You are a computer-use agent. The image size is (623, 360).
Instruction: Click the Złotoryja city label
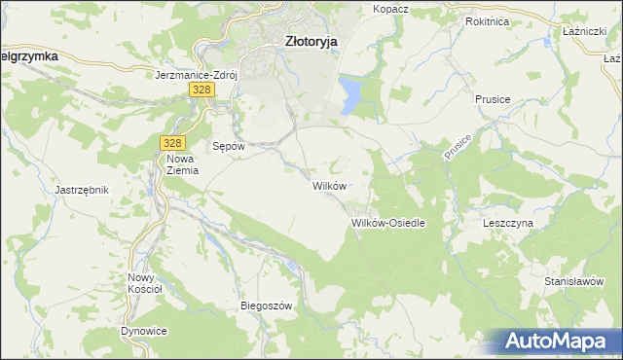[311, 42]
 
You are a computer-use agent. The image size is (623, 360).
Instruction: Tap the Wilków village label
[327, 185]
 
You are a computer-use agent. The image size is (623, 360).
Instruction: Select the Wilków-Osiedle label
[387, 223]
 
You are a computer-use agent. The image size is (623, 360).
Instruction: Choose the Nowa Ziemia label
[182, 164]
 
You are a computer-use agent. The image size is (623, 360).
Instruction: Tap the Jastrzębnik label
[82, 190]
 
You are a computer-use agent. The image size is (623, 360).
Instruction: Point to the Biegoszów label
[267, 306]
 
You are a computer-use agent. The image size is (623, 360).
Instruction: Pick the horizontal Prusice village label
[494, 100]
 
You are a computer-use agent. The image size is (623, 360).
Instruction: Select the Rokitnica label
[489, 20]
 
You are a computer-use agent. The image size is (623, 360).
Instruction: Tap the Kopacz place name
[390, 9]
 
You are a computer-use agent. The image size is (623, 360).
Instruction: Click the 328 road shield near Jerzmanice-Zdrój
[202, 90]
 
